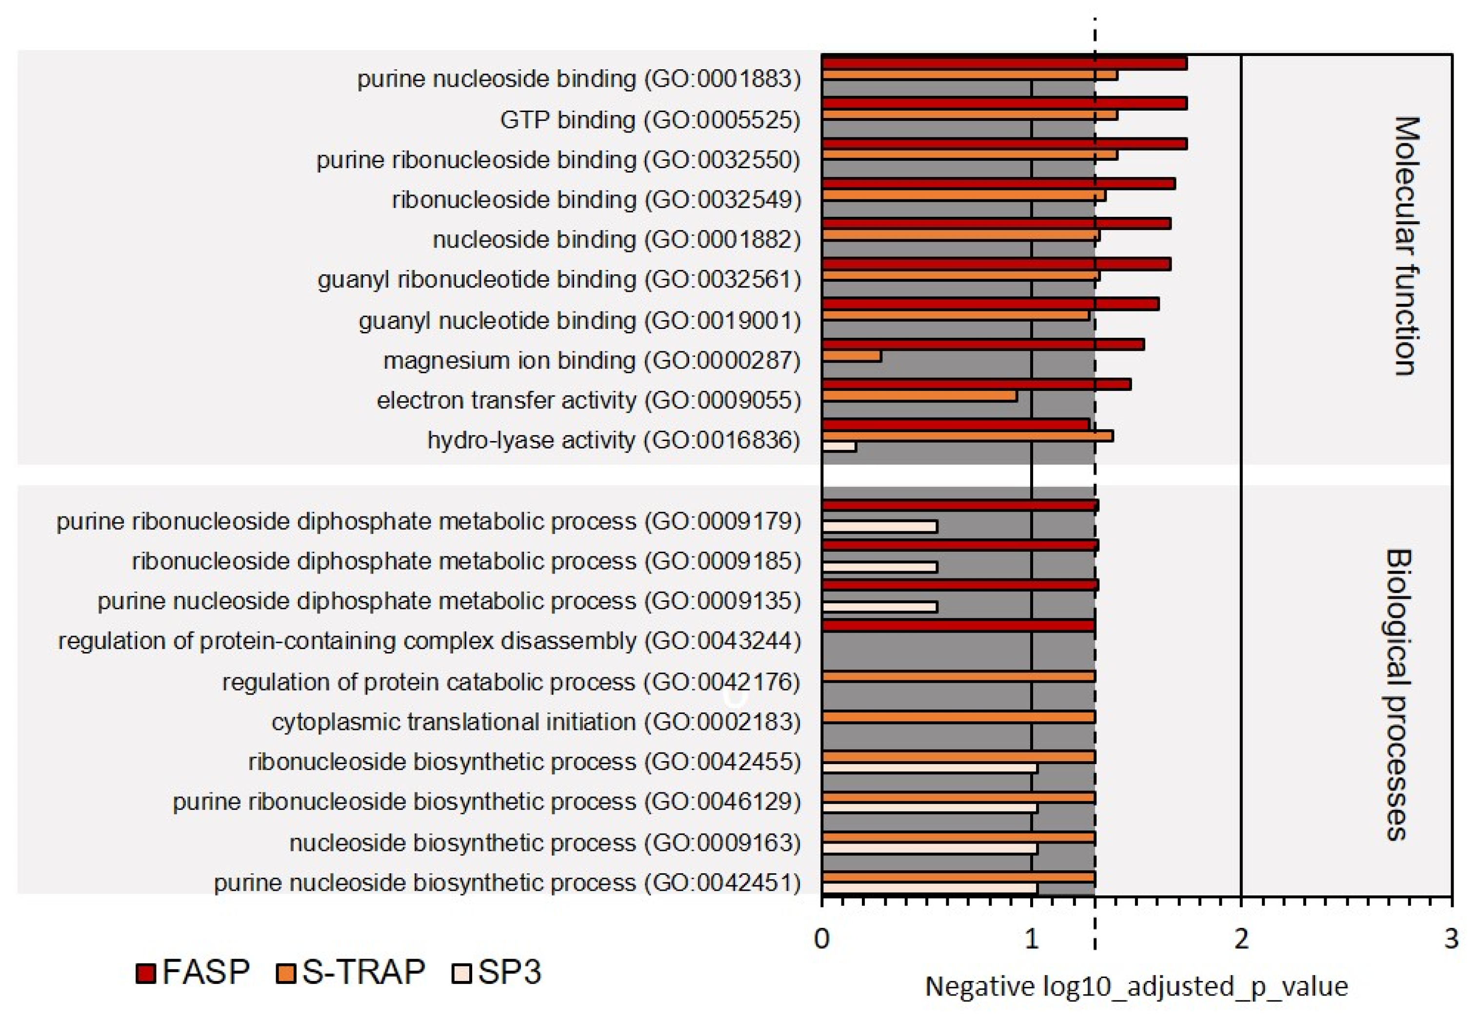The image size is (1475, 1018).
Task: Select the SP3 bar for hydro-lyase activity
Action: [x=838, y=446]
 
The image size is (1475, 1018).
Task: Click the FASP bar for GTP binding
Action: [x=1003, y=103]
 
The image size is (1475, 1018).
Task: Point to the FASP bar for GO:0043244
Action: [x=957, y=626]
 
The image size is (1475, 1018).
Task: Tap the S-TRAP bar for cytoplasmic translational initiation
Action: [x=957, y=717]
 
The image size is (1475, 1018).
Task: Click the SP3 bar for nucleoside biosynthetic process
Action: [x=929, y=849]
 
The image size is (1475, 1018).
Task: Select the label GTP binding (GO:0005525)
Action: [x=650, y=119]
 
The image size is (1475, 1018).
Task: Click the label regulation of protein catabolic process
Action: [x=511, y=682]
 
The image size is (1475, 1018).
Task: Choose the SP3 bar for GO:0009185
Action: [x=879, y=566]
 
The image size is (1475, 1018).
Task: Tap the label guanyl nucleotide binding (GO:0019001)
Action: [x=579, y=320]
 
